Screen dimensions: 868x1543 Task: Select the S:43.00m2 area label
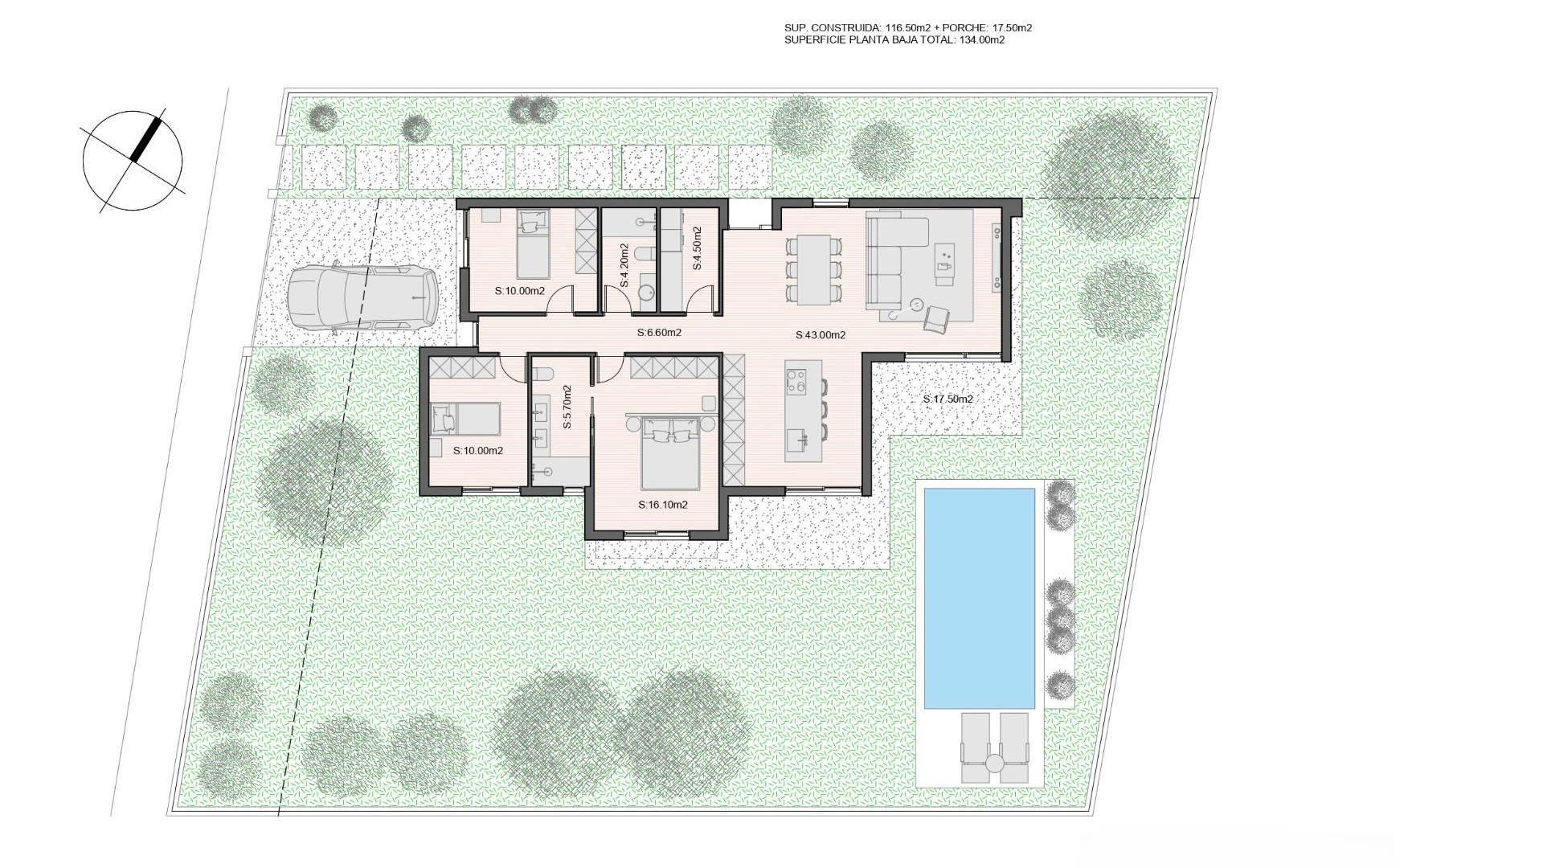pos(821,335)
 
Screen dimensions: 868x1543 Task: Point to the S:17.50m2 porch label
pos(947,399)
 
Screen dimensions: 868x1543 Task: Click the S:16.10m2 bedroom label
pos(663,505)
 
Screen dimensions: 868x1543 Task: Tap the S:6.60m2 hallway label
pos(659,332)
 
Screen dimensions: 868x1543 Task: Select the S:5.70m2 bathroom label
pos(567,407)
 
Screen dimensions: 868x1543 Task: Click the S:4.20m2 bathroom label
pos(624,265)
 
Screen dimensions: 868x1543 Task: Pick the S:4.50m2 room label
pos(697,248)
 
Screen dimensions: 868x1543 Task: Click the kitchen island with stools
pos(804,410)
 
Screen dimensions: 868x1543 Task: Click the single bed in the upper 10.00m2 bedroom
pos(530,245)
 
